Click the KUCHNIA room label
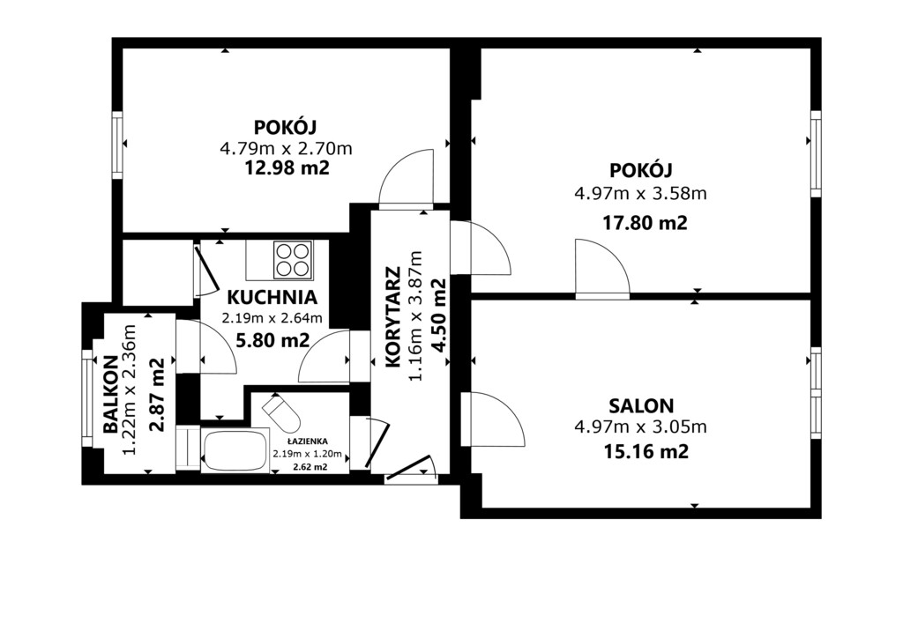272,298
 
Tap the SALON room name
641,406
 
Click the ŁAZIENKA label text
308,441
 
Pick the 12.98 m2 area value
287,168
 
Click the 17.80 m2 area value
645,223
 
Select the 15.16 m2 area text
646,451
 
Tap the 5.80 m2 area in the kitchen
273,340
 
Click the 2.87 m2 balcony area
156,395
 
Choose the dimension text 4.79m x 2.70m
287,148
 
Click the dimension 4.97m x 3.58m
640,193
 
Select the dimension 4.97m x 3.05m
640,427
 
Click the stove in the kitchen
293,259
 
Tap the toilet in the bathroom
281,413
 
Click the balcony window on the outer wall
87,398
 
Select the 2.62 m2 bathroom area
310,467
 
